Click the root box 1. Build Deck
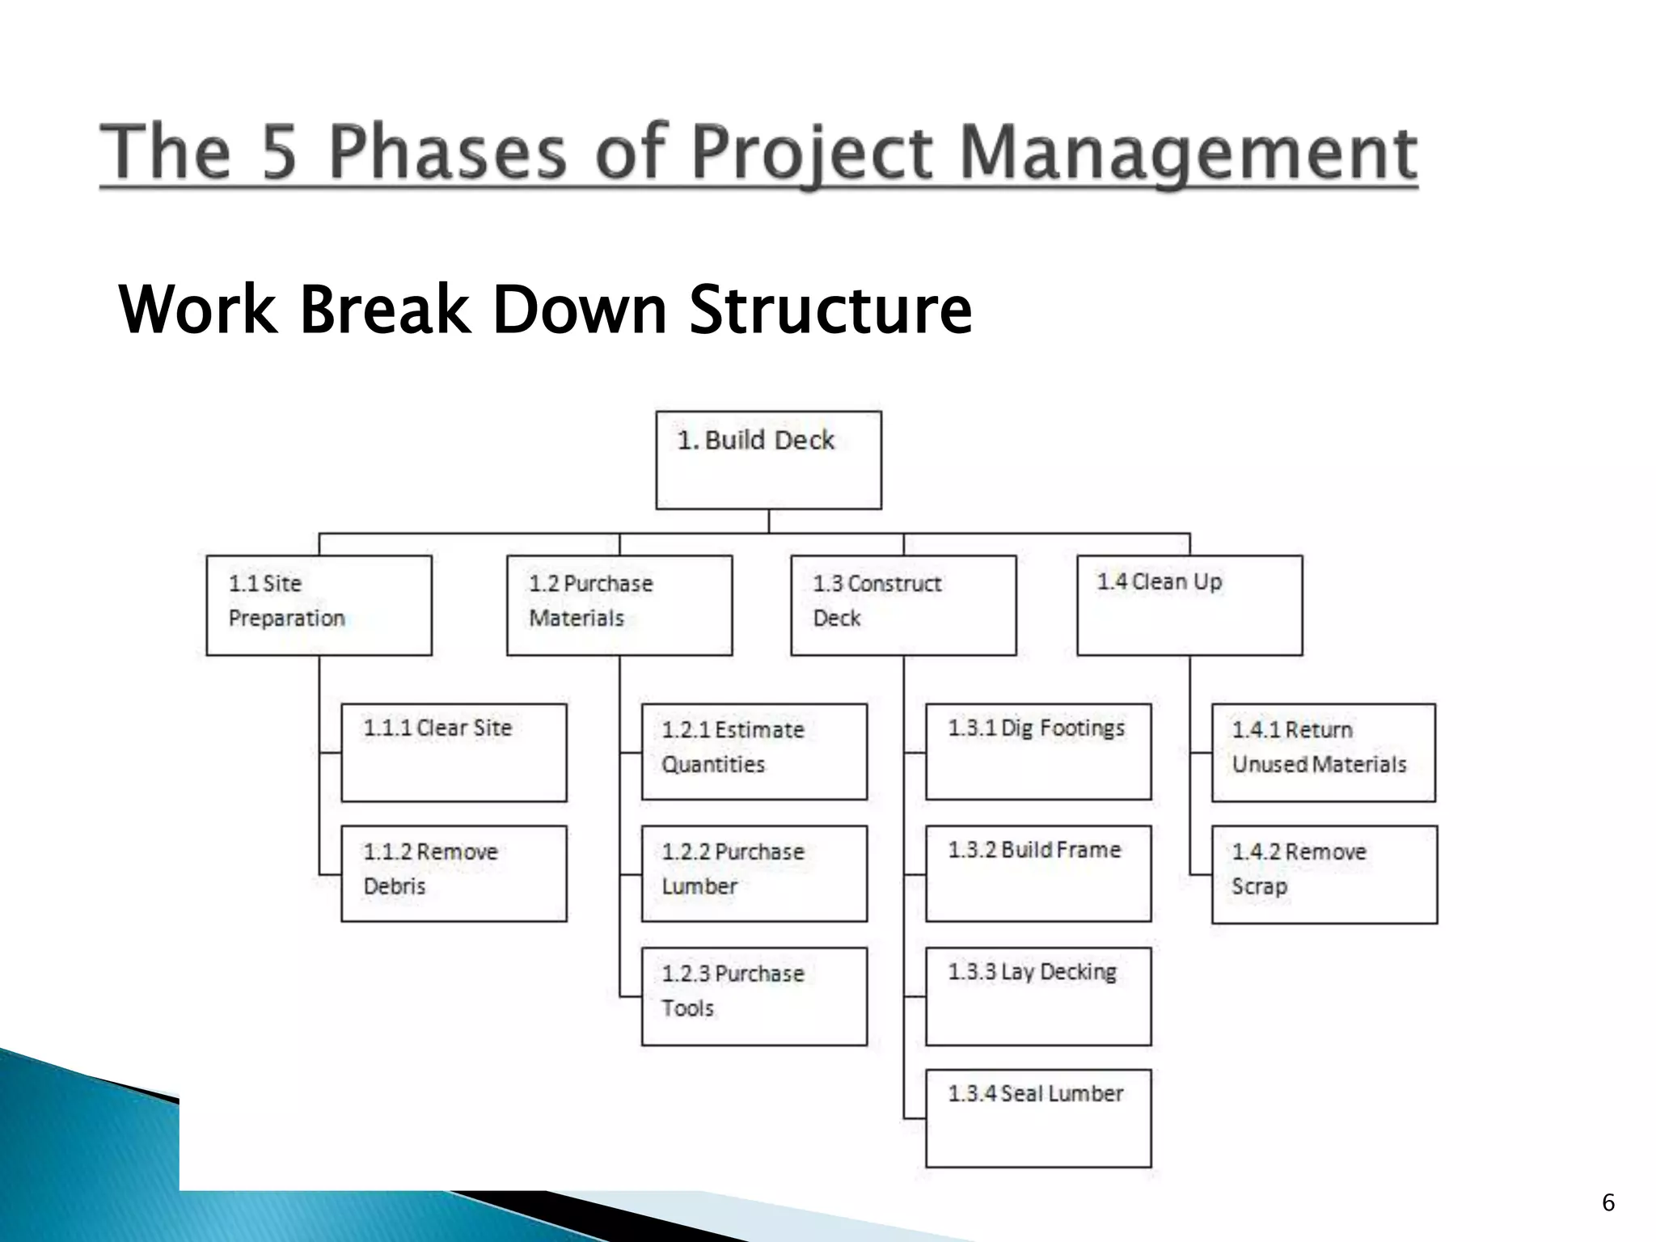click(768, 460)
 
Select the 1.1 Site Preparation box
click(319, 605)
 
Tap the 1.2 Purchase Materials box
click(619, 605)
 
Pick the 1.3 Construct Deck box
click(903, 605)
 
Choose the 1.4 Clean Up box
click(1189, 605)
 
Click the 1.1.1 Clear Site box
click(454, 752)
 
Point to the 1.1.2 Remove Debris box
click(454, 873)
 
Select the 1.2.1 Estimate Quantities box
click(754, 751)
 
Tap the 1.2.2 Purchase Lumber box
click(754, 873)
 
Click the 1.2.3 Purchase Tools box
click(754, 996)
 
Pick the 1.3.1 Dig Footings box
click(1038, 751)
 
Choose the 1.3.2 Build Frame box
click(1038, 873)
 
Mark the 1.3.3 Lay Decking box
click(1038, 996)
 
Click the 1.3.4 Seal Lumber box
click(1038, 1118)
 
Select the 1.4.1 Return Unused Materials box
click(1323, 752)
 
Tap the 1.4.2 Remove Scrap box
click(1324, 874)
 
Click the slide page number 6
click(1607, 1202)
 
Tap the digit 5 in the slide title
click(280, 153)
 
